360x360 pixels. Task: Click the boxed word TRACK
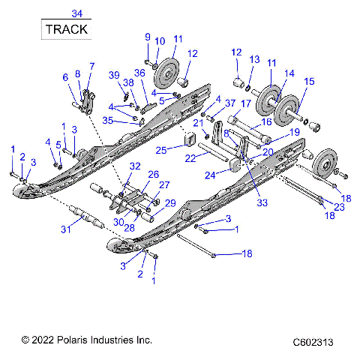[x=66, y=30]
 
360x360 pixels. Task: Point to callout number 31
[x=67, y=229]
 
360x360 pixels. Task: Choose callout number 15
[x=309, y=80]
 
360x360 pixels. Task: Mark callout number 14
[x=288, y=73]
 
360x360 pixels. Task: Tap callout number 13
[x=254, y=59]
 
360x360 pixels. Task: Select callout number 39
[x=113, y=76]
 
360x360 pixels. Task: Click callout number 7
[x=91, y=66]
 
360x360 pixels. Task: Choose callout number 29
[x=170, y=203]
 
